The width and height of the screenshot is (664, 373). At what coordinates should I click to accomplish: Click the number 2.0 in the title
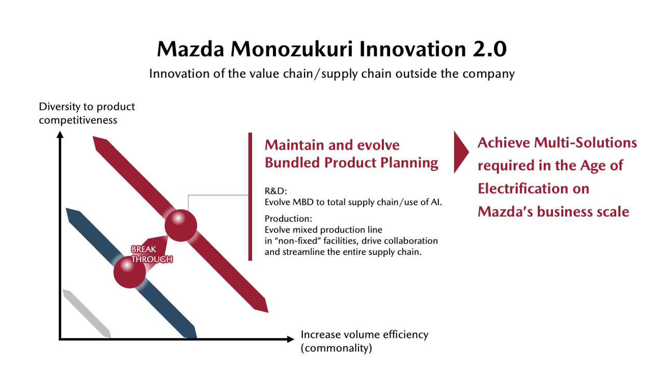(x=489, y=49)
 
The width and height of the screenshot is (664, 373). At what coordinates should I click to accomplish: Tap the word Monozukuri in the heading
(x=292, y=49)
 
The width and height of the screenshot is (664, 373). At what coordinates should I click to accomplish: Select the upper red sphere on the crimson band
(x=181, y=225)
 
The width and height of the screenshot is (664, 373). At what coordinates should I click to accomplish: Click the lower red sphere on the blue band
(x=130, y=272)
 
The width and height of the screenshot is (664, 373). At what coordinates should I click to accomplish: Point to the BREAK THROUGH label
(x=152, y=254)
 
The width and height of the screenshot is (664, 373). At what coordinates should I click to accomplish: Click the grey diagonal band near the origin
(x=87, y=314)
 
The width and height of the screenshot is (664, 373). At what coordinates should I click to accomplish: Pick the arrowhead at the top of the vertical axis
(x=60, y=135)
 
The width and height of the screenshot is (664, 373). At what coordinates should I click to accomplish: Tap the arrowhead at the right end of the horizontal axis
(x=290, y=339)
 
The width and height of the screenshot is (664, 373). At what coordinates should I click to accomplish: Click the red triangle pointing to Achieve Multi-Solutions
(x=461, y=152)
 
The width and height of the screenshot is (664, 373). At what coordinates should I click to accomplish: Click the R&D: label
(x=275, y=191)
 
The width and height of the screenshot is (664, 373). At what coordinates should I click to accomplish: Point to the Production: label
(x=288, y=219)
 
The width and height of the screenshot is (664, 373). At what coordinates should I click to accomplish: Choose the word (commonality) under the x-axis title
(x=336, y=348)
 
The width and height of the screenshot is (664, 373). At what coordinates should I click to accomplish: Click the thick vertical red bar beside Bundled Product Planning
(x=250, y=196)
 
